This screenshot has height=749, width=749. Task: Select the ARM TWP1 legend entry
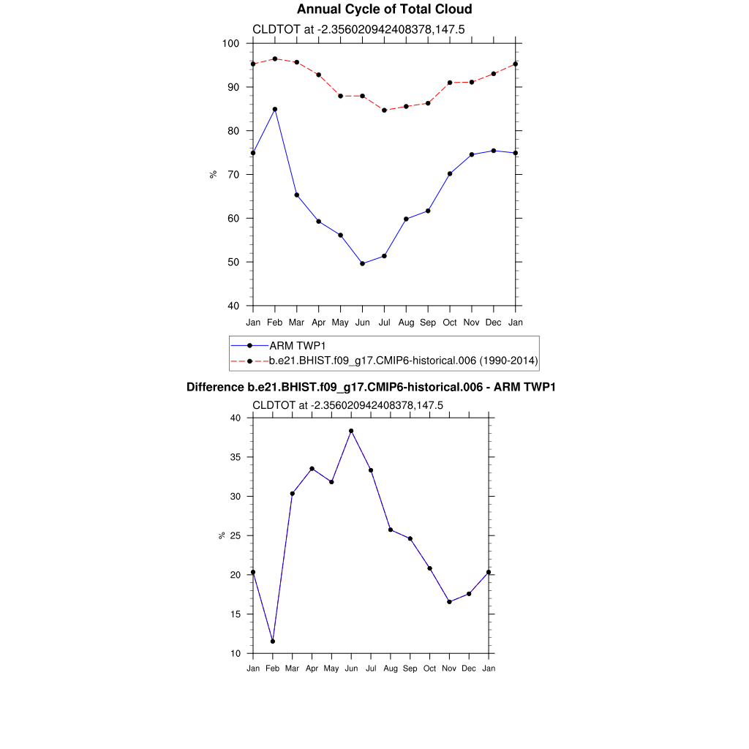click(x=293, y=345)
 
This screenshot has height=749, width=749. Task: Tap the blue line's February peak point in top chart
click(x=274, y=109)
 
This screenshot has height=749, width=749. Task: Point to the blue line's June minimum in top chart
click(x=362, y=263)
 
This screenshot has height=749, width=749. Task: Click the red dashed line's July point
click(x=384, y=110)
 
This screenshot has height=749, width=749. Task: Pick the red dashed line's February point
click(x=274, y=59)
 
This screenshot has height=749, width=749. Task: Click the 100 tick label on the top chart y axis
click(x=231, y=43)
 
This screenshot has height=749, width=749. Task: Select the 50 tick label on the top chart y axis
click(x=234, y=262)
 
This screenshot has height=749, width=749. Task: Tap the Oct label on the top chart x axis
click(x=450, y=322)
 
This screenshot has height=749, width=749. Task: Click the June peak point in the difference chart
click(x=351, y=431)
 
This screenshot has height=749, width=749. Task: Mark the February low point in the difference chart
click(x=273, y=641)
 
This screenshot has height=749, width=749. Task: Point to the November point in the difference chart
click(x=449, y=602)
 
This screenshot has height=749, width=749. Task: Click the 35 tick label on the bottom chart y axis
click(x=235, y=457)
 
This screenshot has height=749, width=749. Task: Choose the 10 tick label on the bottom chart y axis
click(x=235, y=653)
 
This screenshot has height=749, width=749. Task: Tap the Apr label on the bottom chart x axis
click(x=312, y=669)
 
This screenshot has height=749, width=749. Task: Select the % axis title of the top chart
click(x=213, y=174)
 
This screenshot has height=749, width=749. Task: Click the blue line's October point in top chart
click(x=450, y=174)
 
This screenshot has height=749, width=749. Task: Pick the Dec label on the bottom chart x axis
click(x=469, y=669)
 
